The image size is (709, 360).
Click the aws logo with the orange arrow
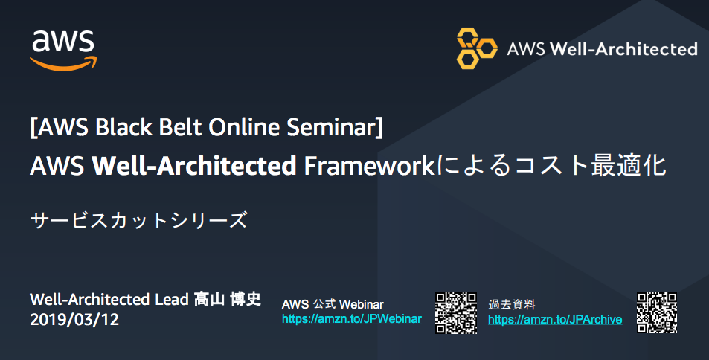tap(63, 51)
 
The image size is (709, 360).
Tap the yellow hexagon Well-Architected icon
tap(477, 48)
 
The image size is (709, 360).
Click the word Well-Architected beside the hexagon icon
tap(623, 49)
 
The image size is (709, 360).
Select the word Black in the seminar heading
tap(124, 127)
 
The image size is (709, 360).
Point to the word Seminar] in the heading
tap(335, 127)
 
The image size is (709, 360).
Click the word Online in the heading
tap(244, 127)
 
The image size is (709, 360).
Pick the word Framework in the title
tap(369, 166)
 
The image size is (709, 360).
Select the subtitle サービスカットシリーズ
tap(138, 221)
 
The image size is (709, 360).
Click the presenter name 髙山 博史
tap(228, 299)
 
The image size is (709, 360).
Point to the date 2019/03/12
tap(74, 320)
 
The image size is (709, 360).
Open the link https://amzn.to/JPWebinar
tap(352, 319)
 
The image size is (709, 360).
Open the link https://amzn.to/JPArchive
tap(555, 319)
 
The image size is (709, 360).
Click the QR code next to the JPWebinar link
tap(456, 313)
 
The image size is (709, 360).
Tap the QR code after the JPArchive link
tap(657, 313)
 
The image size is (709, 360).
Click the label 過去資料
tap(511, 304)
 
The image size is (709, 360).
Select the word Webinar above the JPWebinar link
tap(362, 304)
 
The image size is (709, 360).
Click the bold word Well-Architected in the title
tap(194, 166)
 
